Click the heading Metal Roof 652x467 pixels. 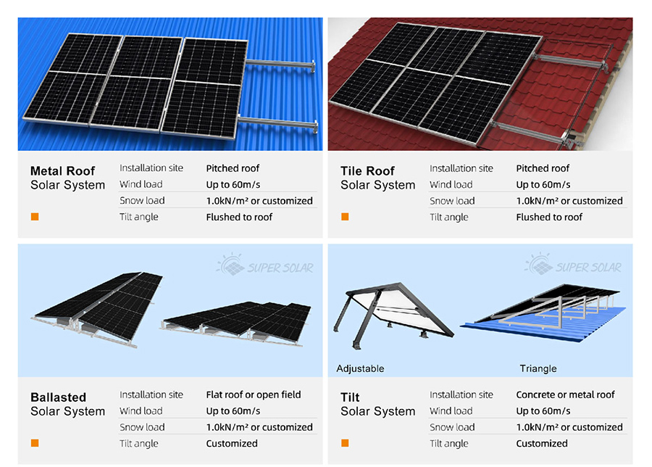(62, 170)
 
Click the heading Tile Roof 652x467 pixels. (367, 170)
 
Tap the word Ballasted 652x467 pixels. (58, 397)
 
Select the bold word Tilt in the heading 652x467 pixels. (350, 397)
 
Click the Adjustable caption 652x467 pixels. (360, 368)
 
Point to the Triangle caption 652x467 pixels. (538, 368)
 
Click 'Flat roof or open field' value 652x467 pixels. (254, 394)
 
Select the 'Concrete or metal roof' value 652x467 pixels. (565, 394)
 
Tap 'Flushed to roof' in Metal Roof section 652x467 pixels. (239, 217)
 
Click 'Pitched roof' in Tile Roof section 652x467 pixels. (543, 168)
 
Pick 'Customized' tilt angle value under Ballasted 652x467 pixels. (232, 443)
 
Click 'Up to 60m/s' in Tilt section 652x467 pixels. (543, 411)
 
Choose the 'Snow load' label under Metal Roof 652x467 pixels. (142, 201)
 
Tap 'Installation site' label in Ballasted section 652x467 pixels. (151, 394)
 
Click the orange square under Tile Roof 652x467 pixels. (345, 216)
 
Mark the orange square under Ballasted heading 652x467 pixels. (35, 443)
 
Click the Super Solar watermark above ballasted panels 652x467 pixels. (265, 265)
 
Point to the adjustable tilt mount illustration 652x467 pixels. (393, 315)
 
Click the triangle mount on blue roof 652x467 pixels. (544, 313)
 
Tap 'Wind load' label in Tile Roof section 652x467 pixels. (451, 184)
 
